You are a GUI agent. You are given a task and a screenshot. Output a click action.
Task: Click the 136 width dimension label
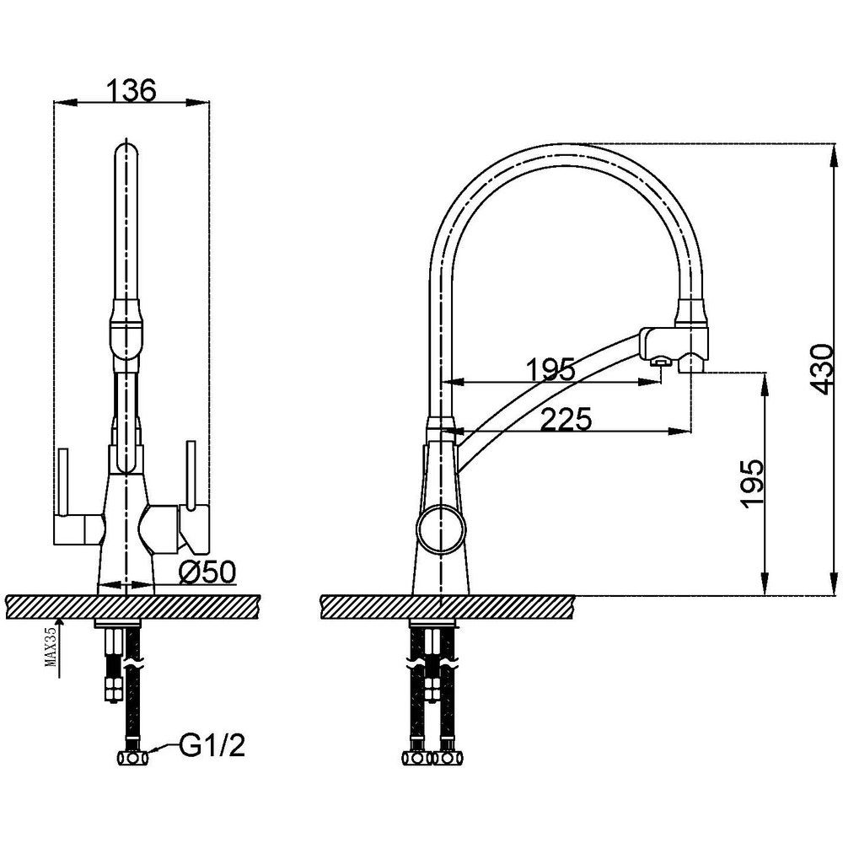point(132,90)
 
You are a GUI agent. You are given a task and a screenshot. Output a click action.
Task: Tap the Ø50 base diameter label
point(207,572)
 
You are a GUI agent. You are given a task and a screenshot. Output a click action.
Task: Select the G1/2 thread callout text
point(212,746)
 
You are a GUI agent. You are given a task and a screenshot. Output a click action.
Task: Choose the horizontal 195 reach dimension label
point(550,370)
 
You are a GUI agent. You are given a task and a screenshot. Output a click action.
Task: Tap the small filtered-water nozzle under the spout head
point(660,362)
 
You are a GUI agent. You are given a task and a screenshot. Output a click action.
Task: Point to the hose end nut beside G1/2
point(133,759)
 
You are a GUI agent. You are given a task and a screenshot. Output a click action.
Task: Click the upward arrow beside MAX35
point(59,647)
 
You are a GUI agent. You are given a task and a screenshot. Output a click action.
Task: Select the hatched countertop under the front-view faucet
point(133,607)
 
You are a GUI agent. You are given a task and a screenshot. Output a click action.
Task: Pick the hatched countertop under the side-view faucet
point(448,607)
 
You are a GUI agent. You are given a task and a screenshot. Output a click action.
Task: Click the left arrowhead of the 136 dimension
point(66,102)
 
